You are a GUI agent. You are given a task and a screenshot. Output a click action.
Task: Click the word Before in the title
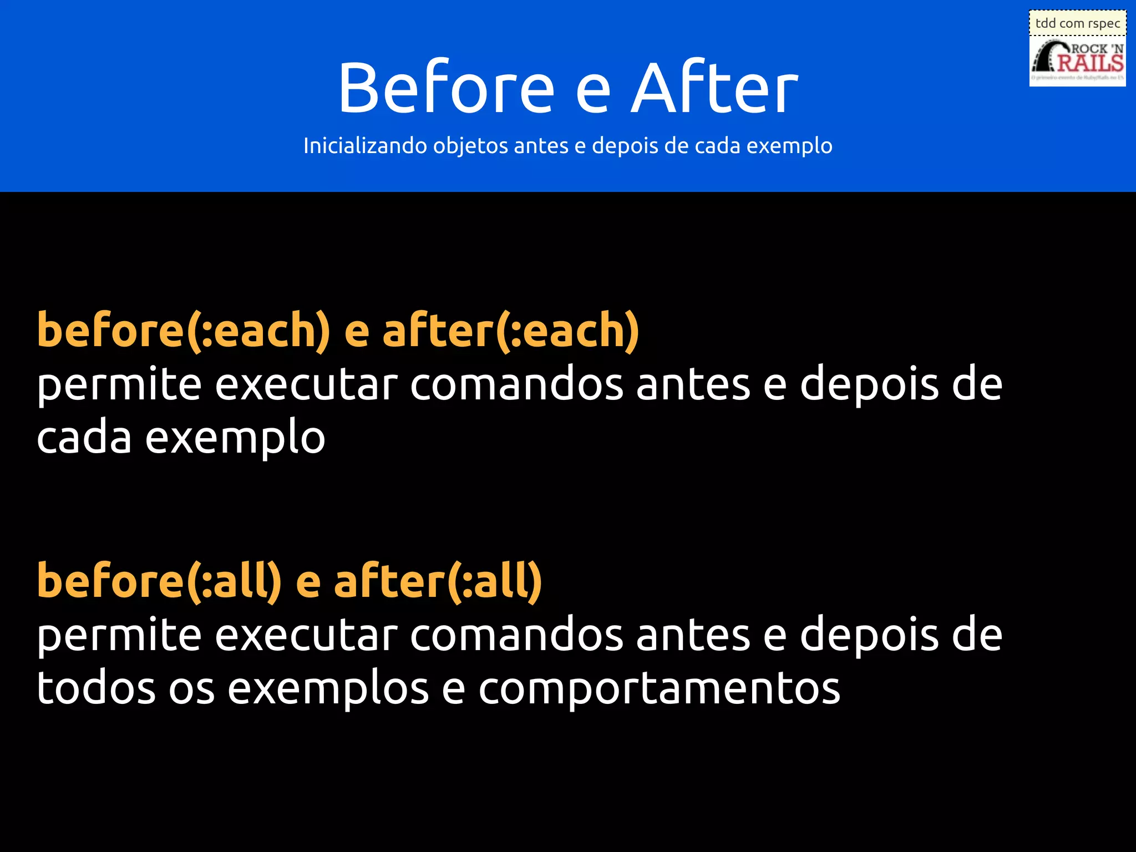point(447,88)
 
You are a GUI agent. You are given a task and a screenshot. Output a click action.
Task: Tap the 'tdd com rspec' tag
point(1077,23)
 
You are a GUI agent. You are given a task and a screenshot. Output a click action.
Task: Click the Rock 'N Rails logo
point(1077,61)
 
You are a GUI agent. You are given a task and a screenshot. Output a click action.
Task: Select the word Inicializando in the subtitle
point(365,146)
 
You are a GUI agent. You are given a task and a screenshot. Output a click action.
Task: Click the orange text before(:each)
point(184,331)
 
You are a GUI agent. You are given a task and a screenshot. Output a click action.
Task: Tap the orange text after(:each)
point(510,331)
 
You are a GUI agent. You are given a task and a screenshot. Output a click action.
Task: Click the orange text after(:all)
point(438,581)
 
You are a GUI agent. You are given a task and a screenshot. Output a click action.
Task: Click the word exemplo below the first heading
point(235,438)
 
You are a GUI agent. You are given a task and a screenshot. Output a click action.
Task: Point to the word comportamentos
point(659,689)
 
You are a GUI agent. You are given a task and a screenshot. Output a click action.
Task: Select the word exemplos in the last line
point(328,689)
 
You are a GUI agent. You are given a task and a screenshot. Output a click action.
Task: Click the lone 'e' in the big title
point(592,92)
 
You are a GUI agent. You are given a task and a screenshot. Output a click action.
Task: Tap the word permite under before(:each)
point(119,385)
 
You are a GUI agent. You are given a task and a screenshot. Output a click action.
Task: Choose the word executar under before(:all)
point(306,635)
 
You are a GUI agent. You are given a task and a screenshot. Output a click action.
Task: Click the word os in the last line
point(191,689)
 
